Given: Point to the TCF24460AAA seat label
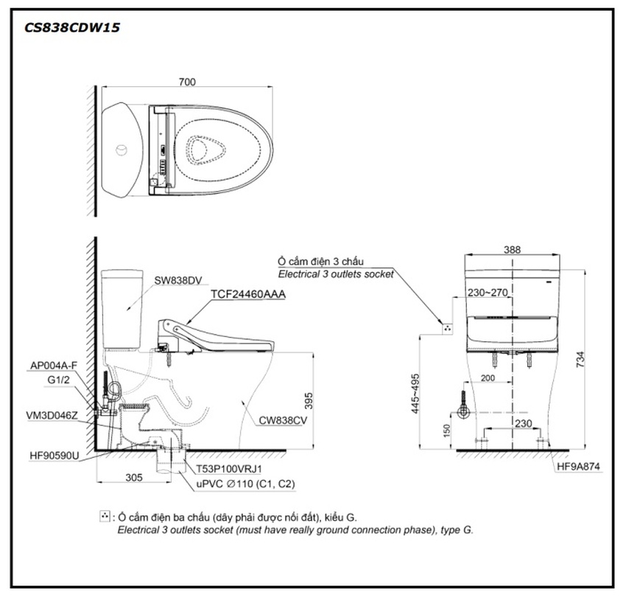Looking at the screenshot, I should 248,294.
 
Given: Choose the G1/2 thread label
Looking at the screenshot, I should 58,381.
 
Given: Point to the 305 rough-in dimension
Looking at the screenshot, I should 133,477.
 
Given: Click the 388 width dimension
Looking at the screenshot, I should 513,250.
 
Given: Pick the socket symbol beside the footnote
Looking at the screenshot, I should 105,517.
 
